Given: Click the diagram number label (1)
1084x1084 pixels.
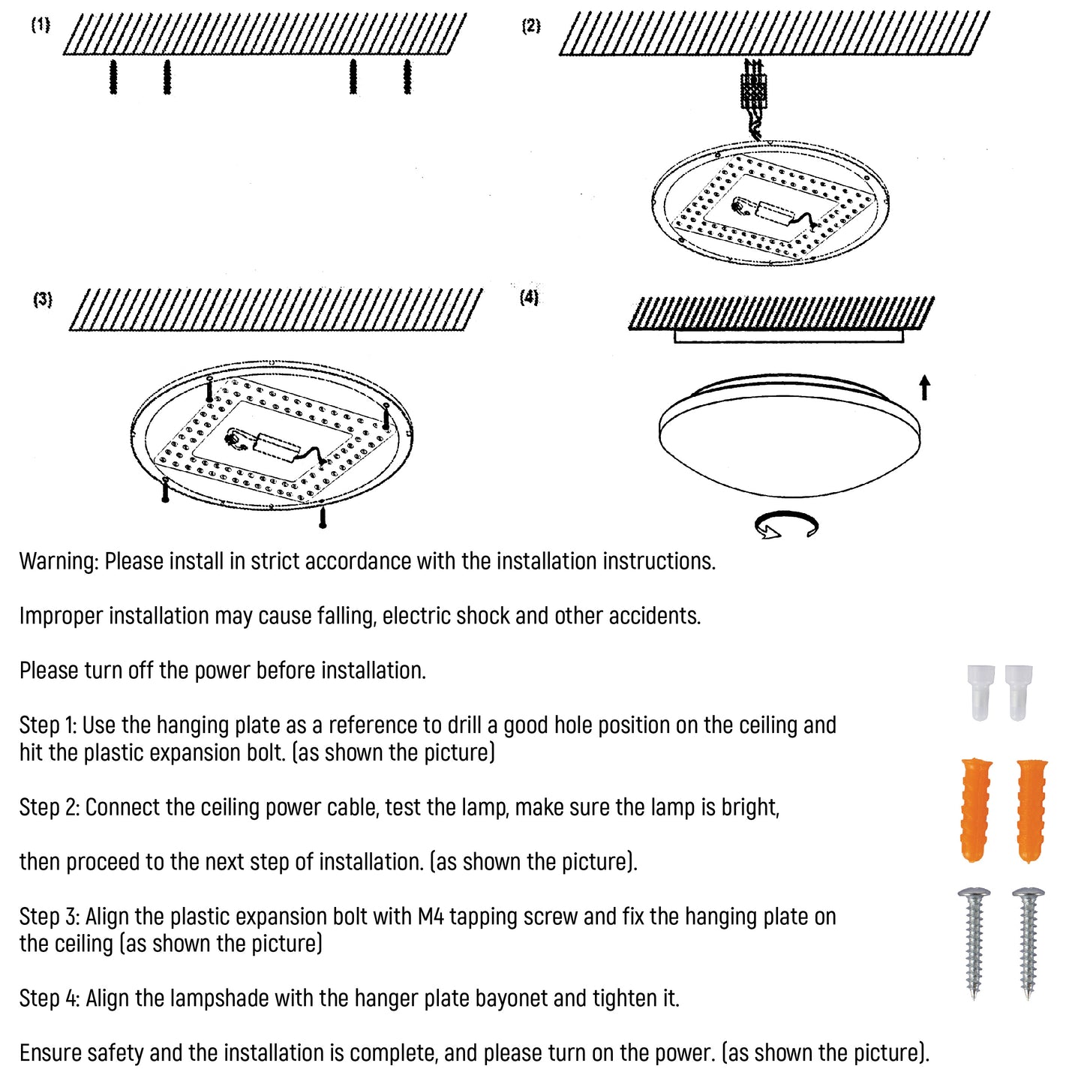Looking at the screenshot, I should coord(41,25).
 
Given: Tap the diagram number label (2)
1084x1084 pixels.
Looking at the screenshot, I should coord(530,26).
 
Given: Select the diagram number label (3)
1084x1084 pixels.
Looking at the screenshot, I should coord(43,299).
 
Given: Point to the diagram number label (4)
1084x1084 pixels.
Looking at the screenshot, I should coord(529,297).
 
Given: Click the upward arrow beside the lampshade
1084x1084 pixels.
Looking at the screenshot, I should coord(924,387).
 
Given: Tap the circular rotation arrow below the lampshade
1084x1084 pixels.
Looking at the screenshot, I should coord(786,525).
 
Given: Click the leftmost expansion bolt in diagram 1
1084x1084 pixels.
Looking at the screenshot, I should coord(113,77).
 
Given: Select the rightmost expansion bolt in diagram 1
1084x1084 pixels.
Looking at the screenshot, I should coord(407,77).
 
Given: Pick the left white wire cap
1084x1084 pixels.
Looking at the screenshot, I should coord(980,692).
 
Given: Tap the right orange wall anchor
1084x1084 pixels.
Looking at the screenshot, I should coord(1032,809).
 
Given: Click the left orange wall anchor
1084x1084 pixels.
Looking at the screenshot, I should coord(977,809).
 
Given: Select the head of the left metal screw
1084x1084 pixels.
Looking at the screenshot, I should coord(974,895).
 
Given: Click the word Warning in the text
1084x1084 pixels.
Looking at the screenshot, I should coord(59,561).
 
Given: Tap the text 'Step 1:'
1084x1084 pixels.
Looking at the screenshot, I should coord(47,725).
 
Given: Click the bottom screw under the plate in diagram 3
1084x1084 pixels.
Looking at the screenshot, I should coord(323,517).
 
